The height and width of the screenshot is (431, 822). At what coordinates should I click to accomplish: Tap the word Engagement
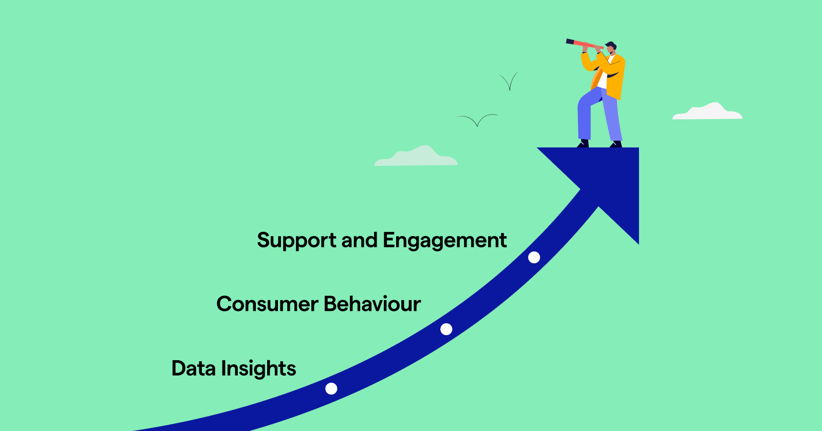(444, 241)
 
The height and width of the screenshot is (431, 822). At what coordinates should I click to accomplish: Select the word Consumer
(267, 304)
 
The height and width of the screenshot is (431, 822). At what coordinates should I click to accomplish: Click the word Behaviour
(372, 304)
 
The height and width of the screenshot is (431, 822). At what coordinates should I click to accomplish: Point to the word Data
(193, 368)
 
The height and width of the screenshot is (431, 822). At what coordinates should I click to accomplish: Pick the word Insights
(258, 369)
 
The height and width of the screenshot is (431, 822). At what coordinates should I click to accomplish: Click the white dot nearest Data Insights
(331, 388)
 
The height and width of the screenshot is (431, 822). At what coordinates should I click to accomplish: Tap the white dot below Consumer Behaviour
(446, 329)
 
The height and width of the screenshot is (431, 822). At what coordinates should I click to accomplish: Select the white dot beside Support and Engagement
(534, 257)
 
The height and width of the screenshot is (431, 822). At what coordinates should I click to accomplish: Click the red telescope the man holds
(584, 44)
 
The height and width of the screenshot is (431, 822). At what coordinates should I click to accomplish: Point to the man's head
(611, 48)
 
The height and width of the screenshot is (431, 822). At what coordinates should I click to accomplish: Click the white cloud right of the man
(707, 112)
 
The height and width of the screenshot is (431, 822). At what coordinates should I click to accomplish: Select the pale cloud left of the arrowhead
(416, 157)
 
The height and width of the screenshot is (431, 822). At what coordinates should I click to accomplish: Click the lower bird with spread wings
(477, 120)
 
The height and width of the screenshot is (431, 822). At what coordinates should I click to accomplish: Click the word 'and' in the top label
(360, 241)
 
